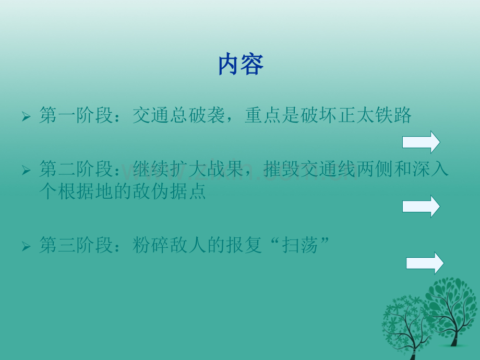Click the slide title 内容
click(241, 65)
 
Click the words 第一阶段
click(76, 115)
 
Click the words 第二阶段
click(76, 170)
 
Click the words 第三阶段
click(76, 245)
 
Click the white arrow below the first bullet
click(421, 142)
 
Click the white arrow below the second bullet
click(421, 206)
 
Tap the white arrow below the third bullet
click(425, 263)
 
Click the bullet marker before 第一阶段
click(27, 116)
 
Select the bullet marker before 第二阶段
click(27, 171)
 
